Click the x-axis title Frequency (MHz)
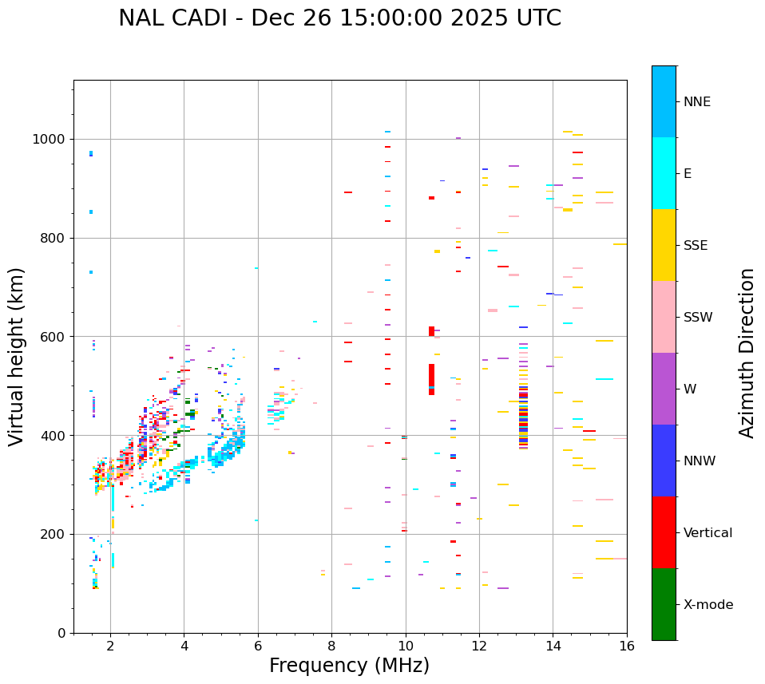pyautogui.click(x=349, y=666)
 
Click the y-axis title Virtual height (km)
pyautogui.click(x=17, y=356)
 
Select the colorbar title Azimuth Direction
pyautogui.click(x=747, y=353)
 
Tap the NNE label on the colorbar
pyautogui.click(x=696, y=102)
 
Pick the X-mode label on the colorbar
pyautogui.click(x=708, y=605)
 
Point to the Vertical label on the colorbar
pyautogui.click(x=708, y=533)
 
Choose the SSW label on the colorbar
pyautogui.click(x=698, y=318)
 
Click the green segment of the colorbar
pyautogui.click(x=664, y=604)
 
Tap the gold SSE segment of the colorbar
pyautogui.click(x=664, y=245)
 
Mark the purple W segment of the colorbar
pyautogui.click(x=664, y=389)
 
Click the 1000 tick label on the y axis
pyautogui.click(x=49, y=140)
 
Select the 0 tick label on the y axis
pyautogui.click(x=61, y=633)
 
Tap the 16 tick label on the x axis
pyautogui.click(x=627, y=646)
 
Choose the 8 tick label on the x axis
pyautogui.click(x=332, y=646)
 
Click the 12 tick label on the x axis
pyautogui.click(x=479, y=646)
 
